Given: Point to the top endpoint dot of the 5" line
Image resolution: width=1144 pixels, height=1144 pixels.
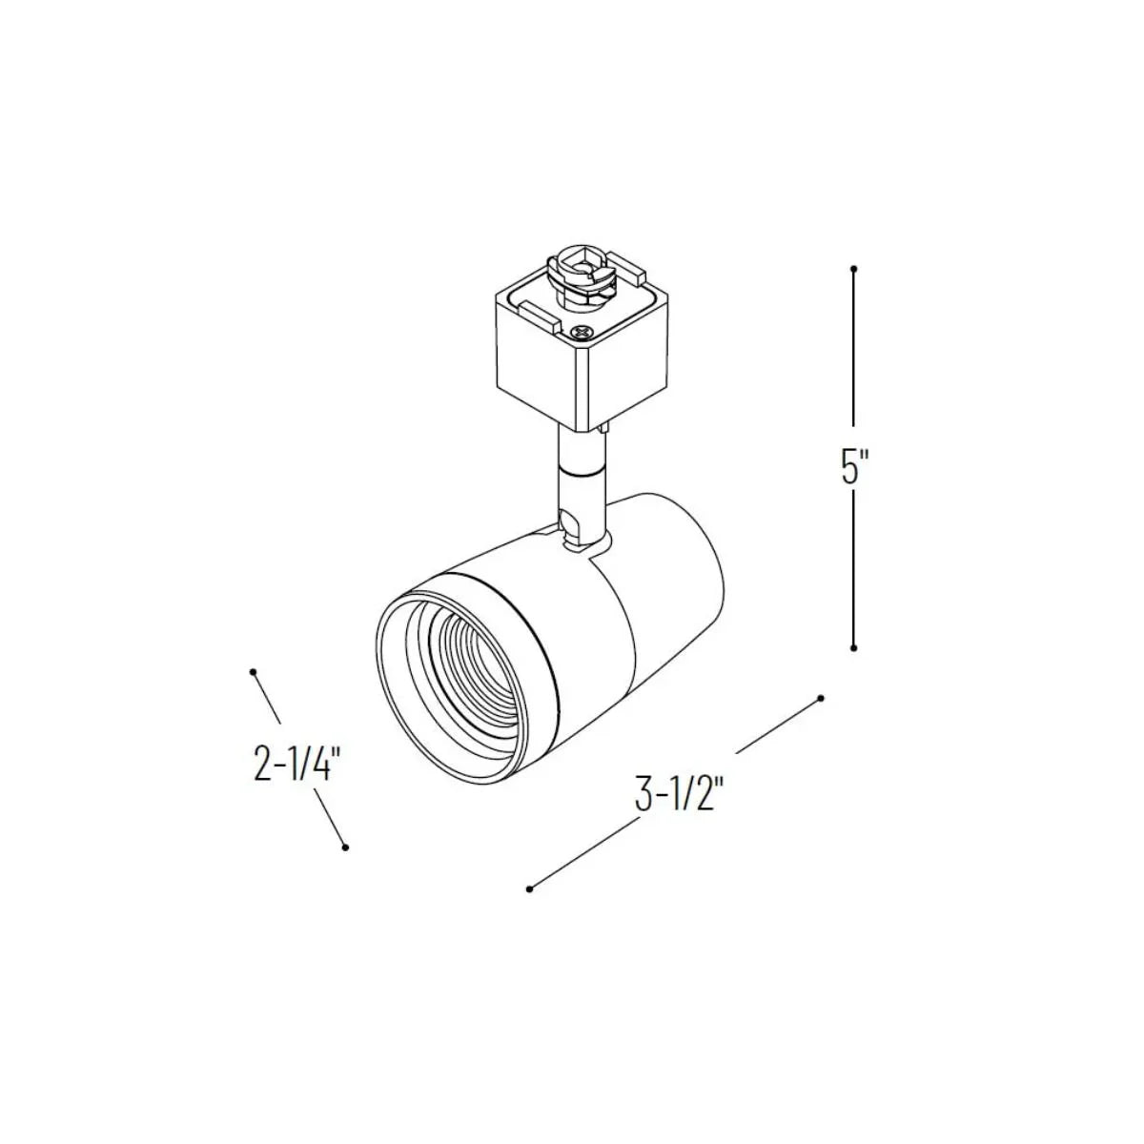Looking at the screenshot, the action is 853,268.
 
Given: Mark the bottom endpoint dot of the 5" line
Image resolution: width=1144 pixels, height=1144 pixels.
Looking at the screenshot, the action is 853,647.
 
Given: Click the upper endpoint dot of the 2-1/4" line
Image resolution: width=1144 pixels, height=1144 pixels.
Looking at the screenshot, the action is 254,672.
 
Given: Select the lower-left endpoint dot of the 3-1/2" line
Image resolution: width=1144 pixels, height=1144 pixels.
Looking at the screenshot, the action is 529,906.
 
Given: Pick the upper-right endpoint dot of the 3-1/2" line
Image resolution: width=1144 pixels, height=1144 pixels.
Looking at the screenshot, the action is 821,698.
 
